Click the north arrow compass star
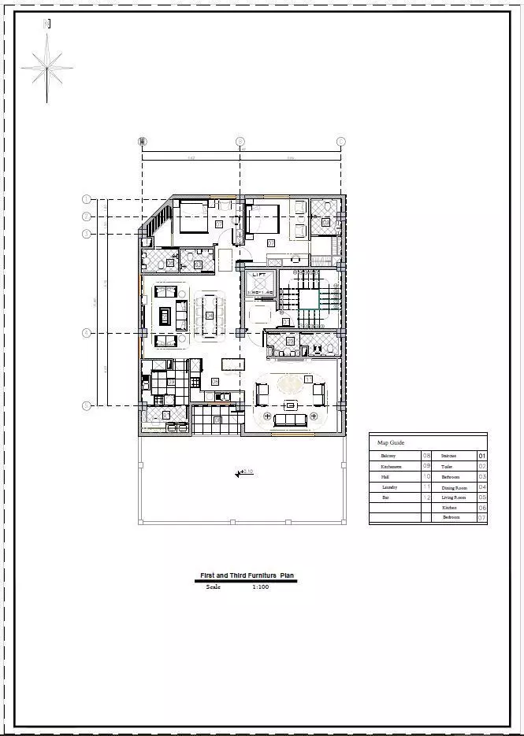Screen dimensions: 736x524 point(47,66)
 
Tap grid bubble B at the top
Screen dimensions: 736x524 point(240,142)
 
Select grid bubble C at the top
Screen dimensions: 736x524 point(340,142)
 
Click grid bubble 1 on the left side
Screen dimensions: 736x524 point(87,199)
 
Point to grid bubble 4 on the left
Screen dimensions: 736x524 point(87,334)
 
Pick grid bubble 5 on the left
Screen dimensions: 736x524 point(87,406)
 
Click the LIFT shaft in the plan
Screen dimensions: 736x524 point(259,283)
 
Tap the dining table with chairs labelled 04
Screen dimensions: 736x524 point(210,315)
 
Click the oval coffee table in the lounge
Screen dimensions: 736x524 point(288,384)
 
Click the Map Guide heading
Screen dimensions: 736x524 point(391,442)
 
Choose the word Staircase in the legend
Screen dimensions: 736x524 point(448,456)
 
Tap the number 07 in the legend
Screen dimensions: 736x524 point(482,518)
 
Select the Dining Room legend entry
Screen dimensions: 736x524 point(455,487)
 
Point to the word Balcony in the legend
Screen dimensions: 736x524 point(388,456)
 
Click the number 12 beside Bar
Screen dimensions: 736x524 point(427,497)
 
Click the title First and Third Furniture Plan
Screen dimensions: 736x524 point(247,576)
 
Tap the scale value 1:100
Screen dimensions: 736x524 point(260,586)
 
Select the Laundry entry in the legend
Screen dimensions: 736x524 point(389,487)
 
